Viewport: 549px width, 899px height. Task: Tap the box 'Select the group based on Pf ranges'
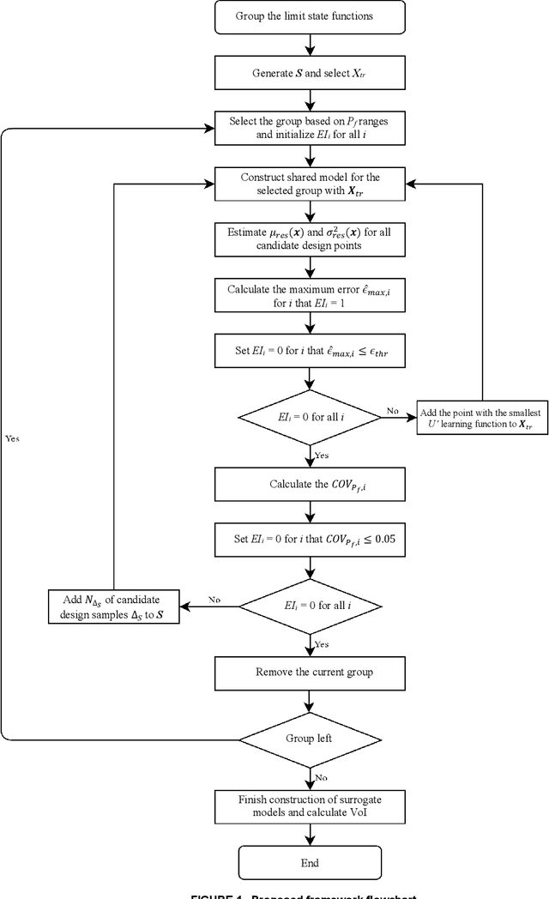310,129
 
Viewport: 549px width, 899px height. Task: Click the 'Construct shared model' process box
310,184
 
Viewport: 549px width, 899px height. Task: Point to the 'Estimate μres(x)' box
310,238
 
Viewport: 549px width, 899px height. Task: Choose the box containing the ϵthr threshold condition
310,350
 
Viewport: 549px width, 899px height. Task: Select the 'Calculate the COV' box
310,484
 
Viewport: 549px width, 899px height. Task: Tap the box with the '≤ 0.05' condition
310,540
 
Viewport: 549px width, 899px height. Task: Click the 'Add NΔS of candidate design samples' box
113,606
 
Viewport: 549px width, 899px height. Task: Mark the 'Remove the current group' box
310,672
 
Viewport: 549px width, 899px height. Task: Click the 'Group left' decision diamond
310,738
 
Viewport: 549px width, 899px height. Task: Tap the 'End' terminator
310,862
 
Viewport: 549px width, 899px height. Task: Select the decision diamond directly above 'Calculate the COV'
310,417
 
